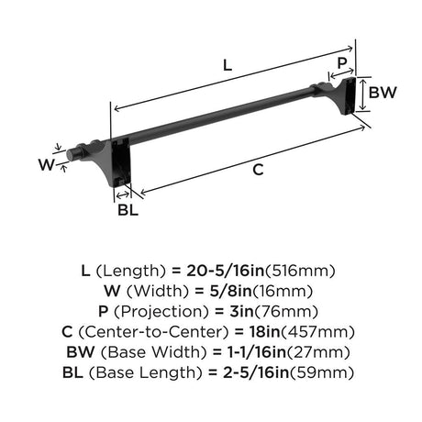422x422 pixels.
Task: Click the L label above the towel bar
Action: [x=228, y=65]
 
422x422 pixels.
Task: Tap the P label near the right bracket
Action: [x=342, y=63]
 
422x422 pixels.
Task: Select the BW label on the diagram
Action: [x=383, y=93]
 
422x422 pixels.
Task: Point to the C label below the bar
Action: [x=258, y=170]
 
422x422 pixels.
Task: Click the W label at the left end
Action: [x=47, y=164]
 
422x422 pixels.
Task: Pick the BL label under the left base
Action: [x=128, y=210]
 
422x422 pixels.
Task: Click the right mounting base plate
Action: [x=349, y=95]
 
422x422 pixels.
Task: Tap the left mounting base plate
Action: [x=121, y=162]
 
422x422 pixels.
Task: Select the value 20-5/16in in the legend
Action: [x=225, y=271]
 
